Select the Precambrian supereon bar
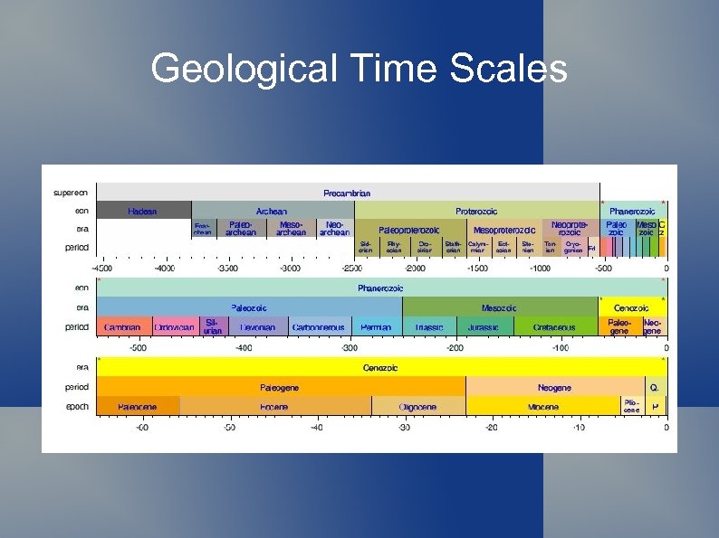[347, 193]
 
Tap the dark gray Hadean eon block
[143, 211]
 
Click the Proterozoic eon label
[476, 211]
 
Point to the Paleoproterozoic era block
[408, 230]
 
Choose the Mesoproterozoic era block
[503, 230]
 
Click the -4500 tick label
[102, 268]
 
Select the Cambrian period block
[122, 326]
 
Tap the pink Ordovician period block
[173, 326]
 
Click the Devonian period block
[257, 326]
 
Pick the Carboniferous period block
[319, 326]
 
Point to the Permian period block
[376, 326]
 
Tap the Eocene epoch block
[274, 407]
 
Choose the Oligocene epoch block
[417, 407]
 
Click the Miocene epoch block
[542, 407]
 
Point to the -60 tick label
[141, 427]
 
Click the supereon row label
[72, 193]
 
